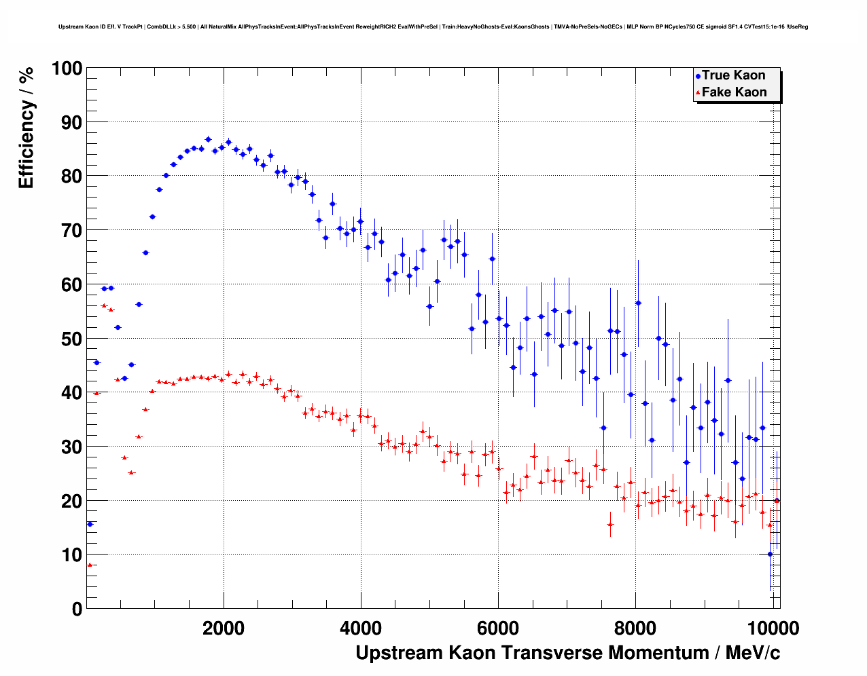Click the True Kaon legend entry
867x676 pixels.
[x=732, y=75]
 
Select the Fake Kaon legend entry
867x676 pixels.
[x=733, y=92]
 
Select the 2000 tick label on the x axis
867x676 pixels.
[x=224, y=628]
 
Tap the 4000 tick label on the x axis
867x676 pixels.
[x=361, y=628]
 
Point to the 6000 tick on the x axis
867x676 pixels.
[x=498, y=628]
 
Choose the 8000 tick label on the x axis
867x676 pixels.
[x=635, y=628]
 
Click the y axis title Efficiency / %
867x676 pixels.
[x=26, y=127]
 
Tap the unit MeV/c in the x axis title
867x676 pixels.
[x=753, y=653]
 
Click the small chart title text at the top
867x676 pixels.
[x=433, y=27]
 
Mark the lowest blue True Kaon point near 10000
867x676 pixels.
[x=770, y=554]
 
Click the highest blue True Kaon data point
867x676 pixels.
[x=208, y=139]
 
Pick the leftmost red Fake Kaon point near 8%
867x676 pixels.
[x=90, y=565]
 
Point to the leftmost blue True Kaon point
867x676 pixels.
[x=90, y=524]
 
